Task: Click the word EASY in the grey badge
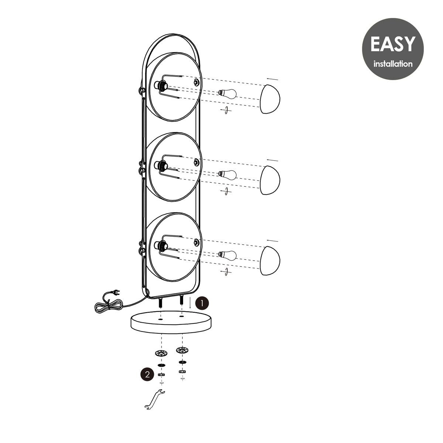pyautogui.click(x=393, y=44)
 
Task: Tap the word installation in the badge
pyautogui.click(x=393, y=63)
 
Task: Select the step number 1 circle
pyautogui.click(x=202, y=303)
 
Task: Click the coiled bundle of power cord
pyautogui.click(x=108, y=307)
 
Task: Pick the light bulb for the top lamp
pyautogui.click(x=227, y=93)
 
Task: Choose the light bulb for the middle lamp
pyautogui.click(x=227, y=175)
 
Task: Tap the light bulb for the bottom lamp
pyautogui.click(x=227, y=255)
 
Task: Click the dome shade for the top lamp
pyautogui.click(x=270, y=99)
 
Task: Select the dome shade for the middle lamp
pyautogui.click(x=270, y=180)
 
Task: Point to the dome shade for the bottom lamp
pyautogui.click(x=270, y=261)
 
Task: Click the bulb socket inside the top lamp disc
pyautogui.click(x=161, y=86)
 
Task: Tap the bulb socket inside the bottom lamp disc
pyautogui.click(x=161, y=246)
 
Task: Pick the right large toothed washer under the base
pyautogui.click(x=182, y=350)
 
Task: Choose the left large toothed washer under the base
pyautogui.click(x=161, y=353)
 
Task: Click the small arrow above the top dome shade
pyautogui.click(x=272, y=79)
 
